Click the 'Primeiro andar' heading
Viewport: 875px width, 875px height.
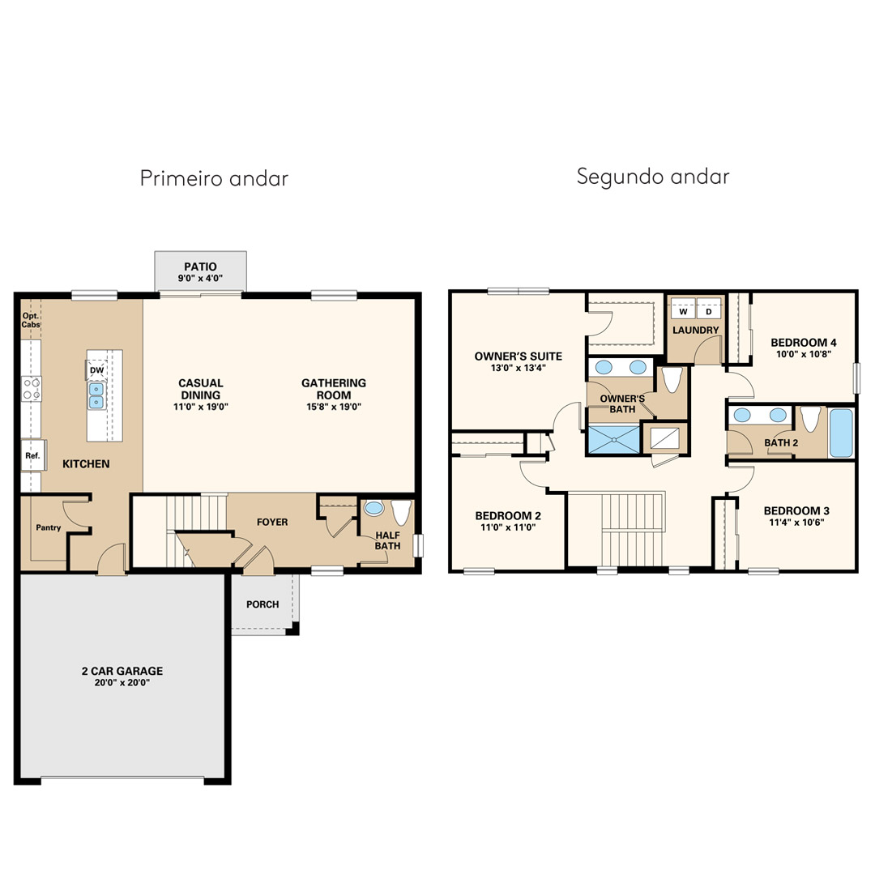pyautogui.click(x=214, y=178)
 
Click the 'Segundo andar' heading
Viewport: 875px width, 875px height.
pyautogui.click(x=653, y=177)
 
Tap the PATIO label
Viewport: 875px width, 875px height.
pyautogui.click(x=200, y=267)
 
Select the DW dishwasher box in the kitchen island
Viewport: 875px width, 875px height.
pyautogui.click(x=96, y=370)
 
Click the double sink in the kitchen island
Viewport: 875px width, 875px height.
pyautogui.click(x=96, y=395)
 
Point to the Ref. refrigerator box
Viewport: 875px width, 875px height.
pyautogui.click(x=33, y=455)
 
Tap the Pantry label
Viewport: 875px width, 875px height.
pyautogui.click(x=49, y=527)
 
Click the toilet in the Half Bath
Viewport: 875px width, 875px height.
pyautogui.click(x=401, y=512)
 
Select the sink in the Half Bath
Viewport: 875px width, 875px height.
pyautogui.click(x=373, y=508)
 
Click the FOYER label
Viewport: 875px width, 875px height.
pyautogui.click(x=272, y=522)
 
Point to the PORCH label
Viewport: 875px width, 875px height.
pyautogui.click(x=262, y=604)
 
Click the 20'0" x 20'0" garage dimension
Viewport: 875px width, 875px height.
pyautogui.click(x=122, y=682)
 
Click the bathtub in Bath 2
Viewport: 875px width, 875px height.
pyautogui.click(x=841, y=433)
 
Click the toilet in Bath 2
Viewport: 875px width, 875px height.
pyautogui.click(x=810, y=419)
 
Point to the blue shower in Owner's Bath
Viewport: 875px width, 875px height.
pyautogui.click(x=614, y=439)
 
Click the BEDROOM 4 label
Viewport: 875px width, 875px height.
pyautogui.click(x=804, y=343)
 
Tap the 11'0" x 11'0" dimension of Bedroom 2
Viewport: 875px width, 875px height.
pyautogui.click(x=508, y=527)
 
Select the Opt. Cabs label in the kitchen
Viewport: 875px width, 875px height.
pyautogui.click(x=31, y=320)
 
